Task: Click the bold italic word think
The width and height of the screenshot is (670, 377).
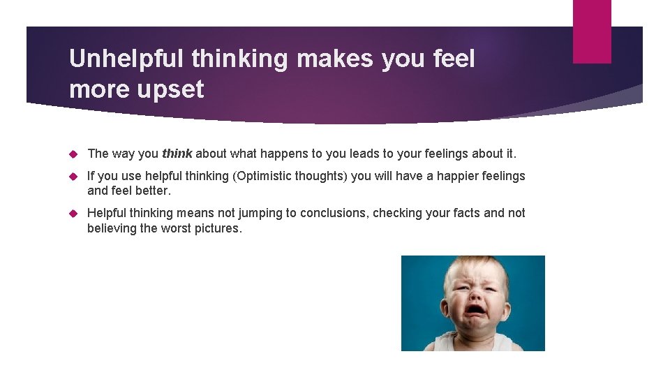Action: click(177, 154)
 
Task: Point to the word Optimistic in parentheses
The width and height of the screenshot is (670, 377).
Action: click(267, 176)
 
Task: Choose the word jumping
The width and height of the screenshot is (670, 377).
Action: click(258, 213)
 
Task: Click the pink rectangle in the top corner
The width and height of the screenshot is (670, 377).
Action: click(592, 31)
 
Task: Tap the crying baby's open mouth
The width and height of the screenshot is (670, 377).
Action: click(475, 310)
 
